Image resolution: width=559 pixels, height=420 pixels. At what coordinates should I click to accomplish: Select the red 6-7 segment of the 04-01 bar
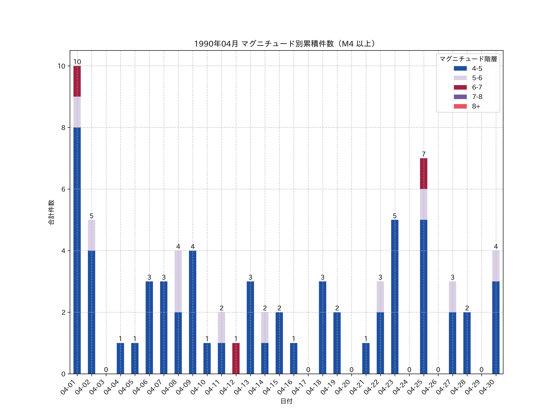pos(77,81)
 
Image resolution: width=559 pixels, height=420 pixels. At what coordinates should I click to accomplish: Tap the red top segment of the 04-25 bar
pos(424,174)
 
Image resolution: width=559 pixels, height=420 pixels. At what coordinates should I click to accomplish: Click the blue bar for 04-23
pos(395,297)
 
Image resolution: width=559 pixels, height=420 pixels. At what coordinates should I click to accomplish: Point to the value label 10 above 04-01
pos(77,62)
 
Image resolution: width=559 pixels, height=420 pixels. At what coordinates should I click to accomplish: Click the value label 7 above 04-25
pos(424,154)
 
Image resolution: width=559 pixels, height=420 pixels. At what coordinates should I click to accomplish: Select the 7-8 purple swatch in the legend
pos(460,97)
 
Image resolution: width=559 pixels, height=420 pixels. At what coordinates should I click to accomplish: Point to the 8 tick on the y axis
pos(63,128)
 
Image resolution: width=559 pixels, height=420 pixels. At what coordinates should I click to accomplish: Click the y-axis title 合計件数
pos(51,212)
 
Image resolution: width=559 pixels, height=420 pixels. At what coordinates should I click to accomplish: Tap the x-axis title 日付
pos(286,401)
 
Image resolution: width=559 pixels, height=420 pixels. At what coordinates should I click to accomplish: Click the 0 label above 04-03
pos(106,370)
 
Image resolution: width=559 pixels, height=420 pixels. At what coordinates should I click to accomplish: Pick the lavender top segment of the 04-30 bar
pos(496,266)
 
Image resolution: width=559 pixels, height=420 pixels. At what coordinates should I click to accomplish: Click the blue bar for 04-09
pos(193,312)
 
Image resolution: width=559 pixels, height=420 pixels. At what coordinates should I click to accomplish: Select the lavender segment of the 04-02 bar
pos(91,235)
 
